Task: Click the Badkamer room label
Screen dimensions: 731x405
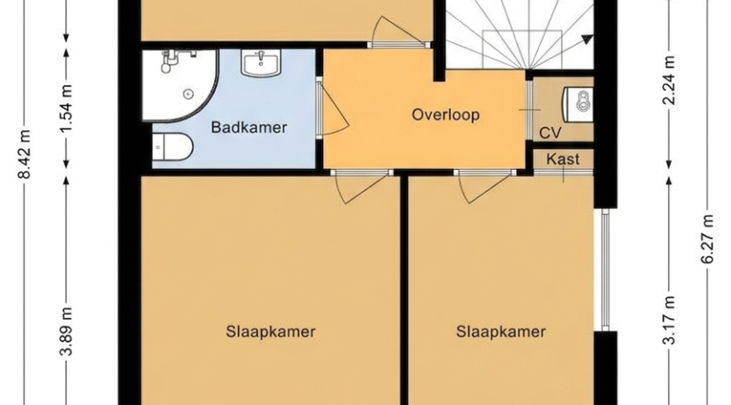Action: tap(249, 128)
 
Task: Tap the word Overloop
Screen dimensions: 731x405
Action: tap(446, 114)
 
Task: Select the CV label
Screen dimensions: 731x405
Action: tap(550, 133)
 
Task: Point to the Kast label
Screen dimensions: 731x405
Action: tap(563, 159)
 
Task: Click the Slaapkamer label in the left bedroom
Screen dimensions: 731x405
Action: tap(271, 331)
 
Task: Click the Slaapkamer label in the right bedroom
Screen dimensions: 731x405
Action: tap(501, 331)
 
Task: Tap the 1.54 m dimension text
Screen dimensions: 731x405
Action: tap(66, 109)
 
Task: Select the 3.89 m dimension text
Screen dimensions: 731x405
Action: tap(66, 331)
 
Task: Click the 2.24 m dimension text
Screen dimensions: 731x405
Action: tap(669, 80)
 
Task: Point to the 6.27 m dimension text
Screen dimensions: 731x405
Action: tap(708, 239)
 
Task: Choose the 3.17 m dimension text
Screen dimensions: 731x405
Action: tap(669, 320)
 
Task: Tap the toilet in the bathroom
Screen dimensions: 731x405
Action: tap(172, 147)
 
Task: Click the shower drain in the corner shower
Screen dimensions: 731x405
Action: tap(188, 93)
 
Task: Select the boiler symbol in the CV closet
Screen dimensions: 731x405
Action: tap(578, 105)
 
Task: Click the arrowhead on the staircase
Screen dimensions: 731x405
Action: tap(586, 40)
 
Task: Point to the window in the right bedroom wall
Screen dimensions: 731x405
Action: tap(605, 269)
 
